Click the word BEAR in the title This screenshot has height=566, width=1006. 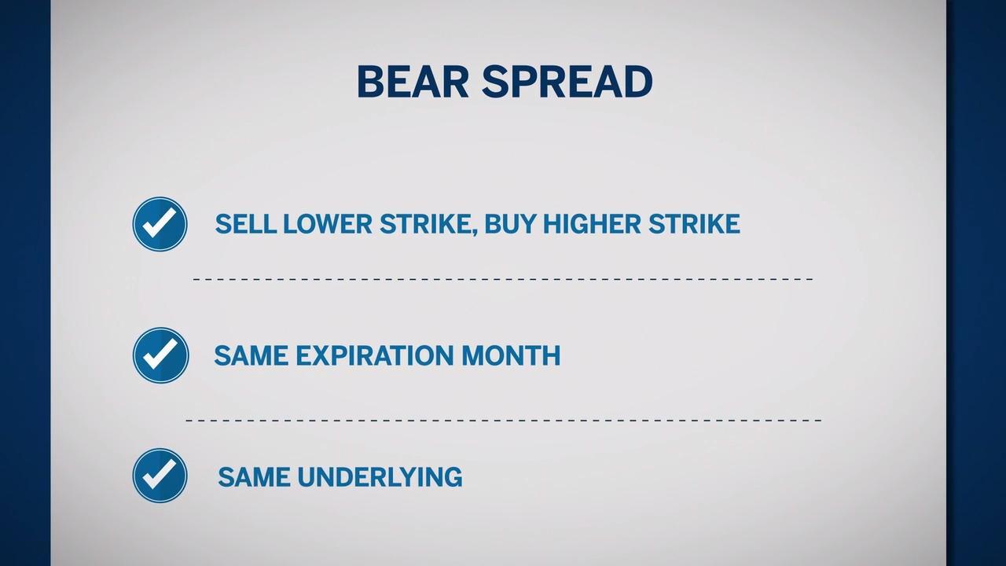(x=413, y=81)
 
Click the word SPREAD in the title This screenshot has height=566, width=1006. (x=567, y=81)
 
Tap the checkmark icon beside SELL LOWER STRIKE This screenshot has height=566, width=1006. (x=160, y=224)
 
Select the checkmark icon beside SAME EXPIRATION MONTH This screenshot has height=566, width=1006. (x=161, y=355)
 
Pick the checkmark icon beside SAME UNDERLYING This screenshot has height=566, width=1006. (x=160, y=476)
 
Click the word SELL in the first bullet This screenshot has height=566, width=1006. (x=245, y=224)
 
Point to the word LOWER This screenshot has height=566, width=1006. (x=328, y=224)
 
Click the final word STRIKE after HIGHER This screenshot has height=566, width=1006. (x=694, y=224)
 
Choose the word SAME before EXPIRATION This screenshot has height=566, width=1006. (x=251, y=355)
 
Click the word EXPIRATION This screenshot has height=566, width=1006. (x=375, y=355)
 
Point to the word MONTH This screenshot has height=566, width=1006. (x=511, y=355)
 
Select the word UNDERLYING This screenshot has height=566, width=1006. (x=380, y=476)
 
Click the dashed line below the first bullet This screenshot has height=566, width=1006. (x=503, y=279)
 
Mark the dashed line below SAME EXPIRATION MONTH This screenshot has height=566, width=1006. (x=504, y=421)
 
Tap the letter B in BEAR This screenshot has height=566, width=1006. (x=369, y=81)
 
